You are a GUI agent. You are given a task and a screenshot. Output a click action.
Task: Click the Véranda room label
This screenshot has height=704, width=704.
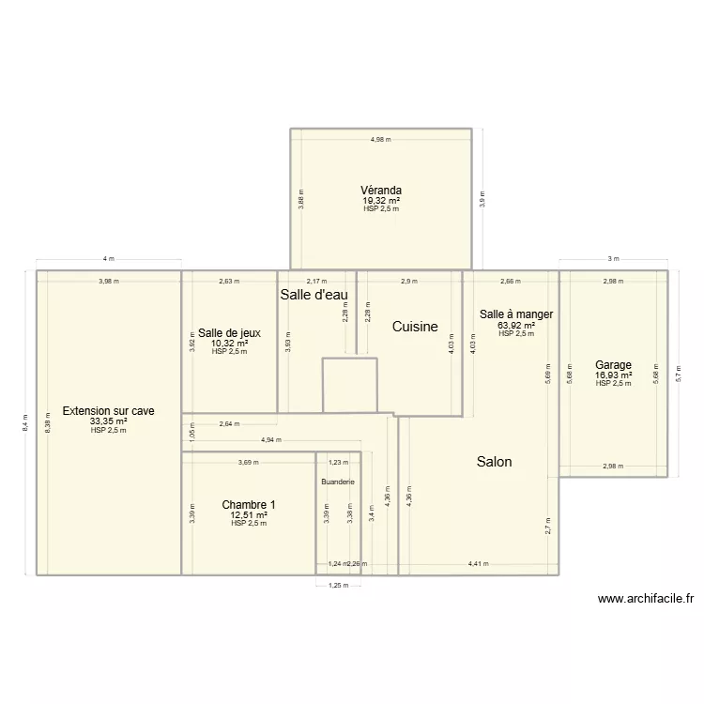(x=381, y=190)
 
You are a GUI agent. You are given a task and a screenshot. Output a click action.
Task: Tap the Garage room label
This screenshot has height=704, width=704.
(x=613, y=365)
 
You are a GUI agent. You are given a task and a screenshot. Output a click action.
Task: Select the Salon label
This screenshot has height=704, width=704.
(x=494, y=462)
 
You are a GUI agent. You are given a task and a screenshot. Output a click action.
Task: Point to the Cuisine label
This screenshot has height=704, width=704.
(x=414, y=327)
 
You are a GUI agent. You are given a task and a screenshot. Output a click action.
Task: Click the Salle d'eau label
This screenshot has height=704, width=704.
(x=314, y=295)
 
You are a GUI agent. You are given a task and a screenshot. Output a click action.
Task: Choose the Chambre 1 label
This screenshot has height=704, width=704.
(x=249, y=505)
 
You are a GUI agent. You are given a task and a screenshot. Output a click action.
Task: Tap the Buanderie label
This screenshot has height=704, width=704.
(x=338, y=482)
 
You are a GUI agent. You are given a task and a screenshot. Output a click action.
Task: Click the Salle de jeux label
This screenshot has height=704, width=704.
(x=229, y=332)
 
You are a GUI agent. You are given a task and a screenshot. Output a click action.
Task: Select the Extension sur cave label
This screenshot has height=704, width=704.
(x=108, y=411)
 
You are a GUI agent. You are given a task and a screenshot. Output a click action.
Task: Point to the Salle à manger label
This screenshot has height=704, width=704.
(x=516, y=314)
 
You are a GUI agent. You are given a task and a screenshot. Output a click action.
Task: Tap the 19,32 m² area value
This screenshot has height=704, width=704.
(x=381, y=200)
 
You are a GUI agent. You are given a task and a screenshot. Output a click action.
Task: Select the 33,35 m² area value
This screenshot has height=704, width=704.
(x=108, y=421)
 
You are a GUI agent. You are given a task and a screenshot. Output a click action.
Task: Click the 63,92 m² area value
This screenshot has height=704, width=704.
(x=516, y=326)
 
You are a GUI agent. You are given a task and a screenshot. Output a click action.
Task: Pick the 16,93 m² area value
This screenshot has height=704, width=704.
(x=613, y=375)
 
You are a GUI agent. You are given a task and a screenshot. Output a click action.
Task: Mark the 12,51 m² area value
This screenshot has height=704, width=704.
(x=249, y=515)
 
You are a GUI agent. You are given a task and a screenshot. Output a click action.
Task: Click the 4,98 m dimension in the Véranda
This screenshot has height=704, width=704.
(x=380, y=139)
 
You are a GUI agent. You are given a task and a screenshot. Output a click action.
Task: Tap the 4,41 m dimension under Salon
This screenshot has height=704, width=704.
(x=479, y=564)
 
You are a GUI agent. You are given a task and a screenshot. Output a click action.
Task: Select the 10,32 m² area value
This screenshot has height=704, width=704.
(x=229, y=343)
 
